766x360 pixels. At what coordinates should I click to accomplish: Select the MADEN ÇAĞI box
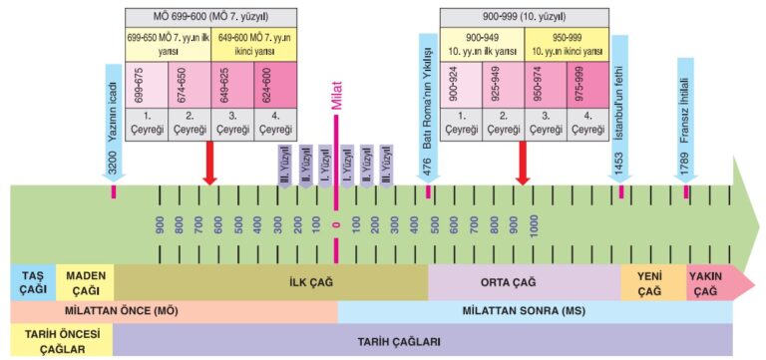[83, 282]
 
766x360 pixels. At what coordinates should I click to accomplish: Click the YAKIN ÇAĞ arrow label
[707, 282]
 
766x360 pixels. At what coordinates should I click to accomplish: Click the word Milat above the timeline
[336, 96]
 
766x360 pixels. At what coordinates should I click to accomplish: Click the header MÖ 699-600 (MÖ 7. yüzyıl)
[210, 16]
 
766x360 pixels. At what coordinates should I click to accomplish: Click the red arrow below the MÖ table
[209, 163]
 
